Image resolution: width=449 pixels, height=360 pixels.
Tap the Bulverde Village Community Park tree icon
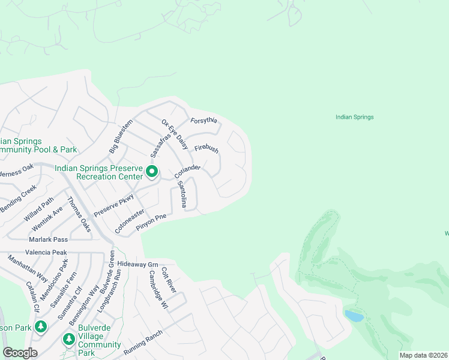pos(69,340)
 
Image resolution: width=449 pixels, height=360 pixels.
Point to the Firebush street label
pos(206,148)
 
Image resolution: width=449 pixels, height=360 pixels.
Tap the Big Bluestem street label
pos(120,137)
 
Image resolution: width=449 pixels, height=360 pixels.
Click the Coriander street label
pos(186,171)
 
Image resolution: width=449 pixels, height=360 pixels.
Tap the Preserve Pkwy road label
pos(109,205)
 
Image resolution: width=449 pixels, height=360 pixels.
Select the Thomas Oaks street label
pos(79,214)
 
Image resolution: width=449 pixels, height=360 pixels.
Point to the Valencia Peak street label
pos(46,253)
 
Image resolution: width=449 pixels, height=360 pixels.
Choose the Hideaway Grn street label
pos(137,264)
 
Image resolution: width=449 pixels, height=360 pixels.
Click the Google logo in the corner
pos(20,353)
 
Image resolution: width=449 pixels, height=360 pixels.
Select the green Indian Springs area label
pos(354,118)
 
